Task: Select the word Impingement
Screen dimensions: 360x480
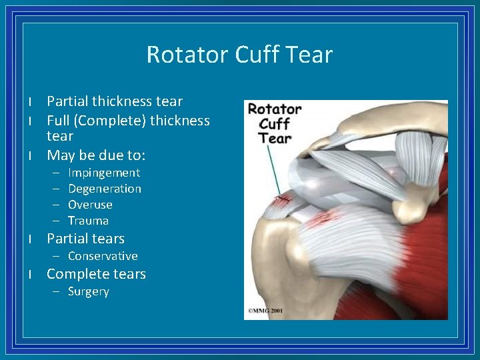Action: tap(104, 173)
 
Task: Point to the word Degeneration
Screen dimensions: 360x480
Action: tap(105, 189)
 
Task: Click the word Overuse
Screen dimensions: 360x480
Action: tap(90, 205)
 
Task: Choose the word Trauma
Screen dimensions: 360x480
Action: tap(88, 221)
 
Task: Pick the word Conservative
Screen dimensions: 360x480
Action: tap(103, 256)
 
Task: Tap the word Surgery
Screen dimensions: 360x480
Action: tap(89, 291)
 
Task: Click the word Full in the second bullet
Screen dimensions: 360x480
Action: tap(57, 121)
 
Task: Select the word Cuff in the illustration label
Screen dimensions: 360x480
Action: tap(274, 123)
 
